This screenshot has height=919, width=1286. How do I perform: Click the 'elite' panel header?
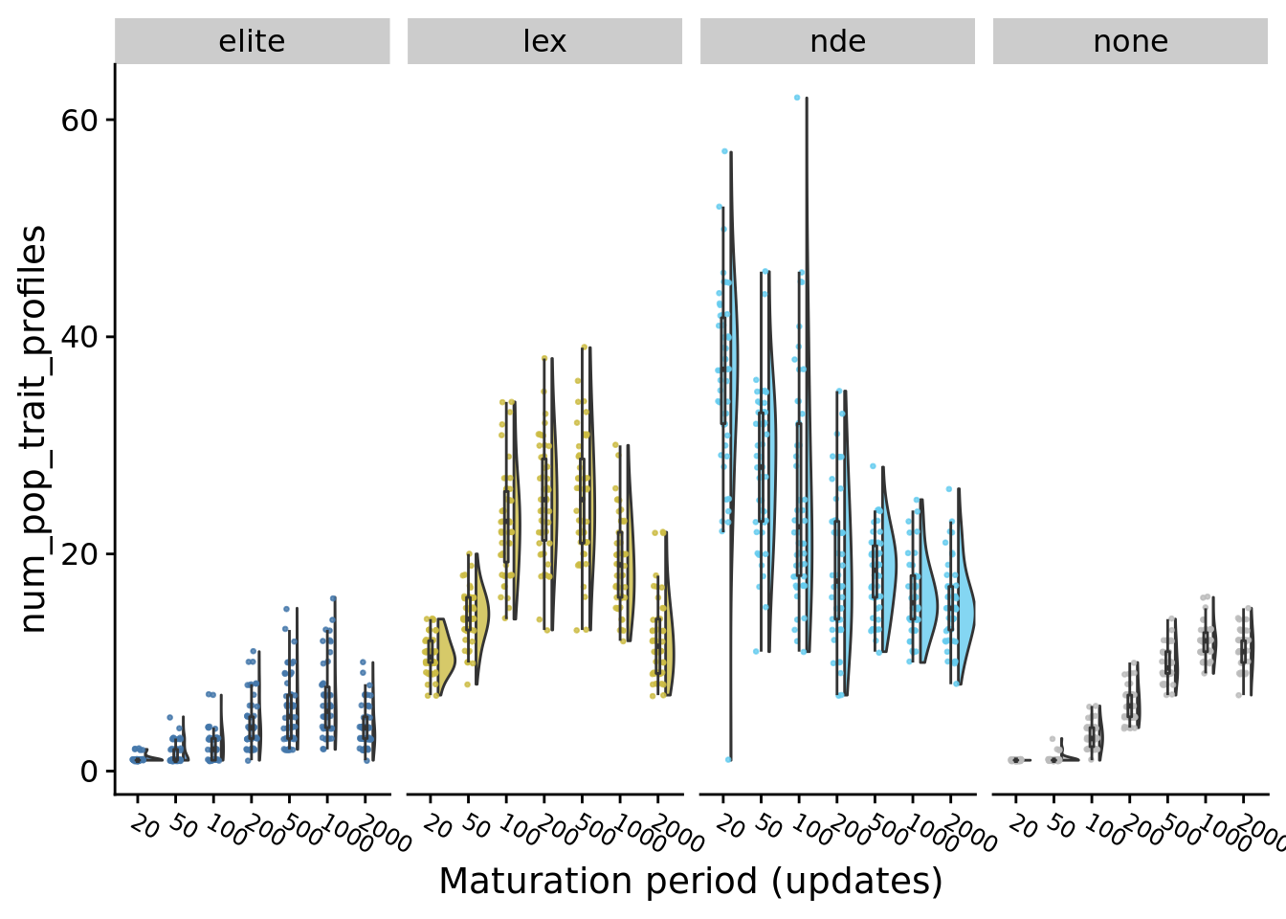(x=252, y=41)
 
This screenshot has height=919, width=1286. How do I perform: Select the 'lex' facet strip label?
(x=544, y=41)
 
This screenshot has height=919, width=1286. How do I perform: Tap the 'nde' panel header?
(x=837, y=41)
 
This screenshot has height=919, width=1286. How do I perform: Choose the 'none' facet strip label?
(x=1130, y=41)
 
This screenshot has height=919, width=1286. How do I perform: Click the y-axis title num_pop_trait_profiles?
(x=33, y=429)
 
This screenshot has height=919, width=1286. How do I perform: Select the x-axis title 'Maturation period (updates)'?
(x=691, y=881)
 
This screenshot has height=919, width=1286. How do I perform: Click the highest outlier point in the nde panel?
(x=796, y=98)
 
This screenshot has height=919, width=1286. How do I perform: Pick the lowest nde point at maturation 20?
(x=728, y=759)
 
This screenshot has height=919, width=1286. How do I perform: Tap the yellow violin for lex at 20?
(x=441, y=661)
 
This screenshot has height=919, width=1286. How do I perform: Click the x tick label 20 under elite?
(x=144, y=825)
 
